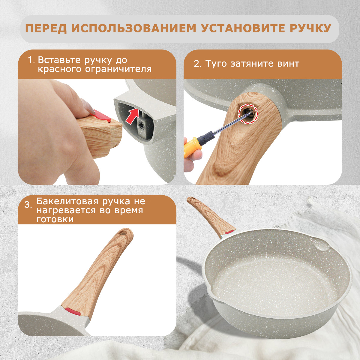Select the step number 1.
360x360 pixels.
click(x=31, y=60)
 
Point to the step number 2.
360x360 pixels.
click(x=197, y=64)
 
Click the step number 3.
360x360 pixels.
click(x=28, y=205)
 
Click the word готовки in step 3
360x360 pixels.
click(x=55, y=219)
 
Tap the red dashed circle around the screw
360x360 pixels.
click(x=248, y=114)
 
